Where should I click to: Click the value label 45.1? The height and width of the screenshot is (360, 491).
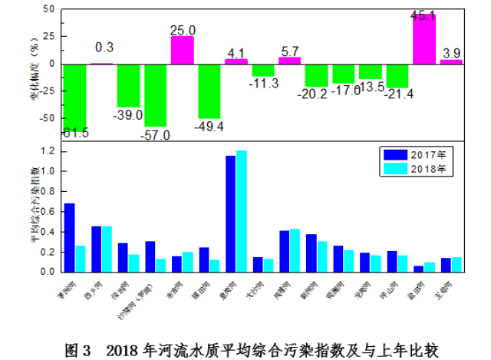click(x=424, y=15)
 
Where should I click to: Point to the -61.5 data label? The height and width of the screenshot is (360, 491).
click(x=75, y=133)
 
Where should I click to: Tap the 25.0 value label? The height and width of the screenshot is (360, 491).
click(x=183, y=30)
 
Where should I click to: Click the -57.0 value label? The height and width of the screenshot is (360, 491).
click(x=156, y=135)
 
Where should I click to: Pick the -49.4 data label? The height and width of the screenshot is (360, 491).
click(x=209, y=125)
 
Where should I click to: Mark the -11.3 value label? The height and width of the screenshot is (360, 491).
click(x=264, y=84)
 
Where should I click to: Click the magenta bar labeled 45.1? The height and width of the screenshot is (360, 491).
click(x=424, y=39)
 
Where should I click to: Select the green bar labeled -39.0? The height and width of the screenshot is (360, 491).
click(x=129, y=85)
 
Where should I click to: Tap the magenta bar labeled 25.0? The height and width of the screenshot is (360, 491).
click(x=183, y=50)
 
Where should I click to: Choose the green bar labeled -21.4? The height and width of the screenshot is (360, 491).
click(x=397, y=76)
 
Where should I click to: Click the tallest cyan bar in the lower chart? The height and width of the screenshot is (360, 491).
click(x=242, y=211)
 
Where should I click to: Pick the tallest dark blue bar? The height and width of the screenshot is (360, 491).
click(x=230, y=213)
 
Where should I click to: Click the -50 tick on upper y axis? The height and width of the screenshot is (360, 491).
click(x=48, y=118)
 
